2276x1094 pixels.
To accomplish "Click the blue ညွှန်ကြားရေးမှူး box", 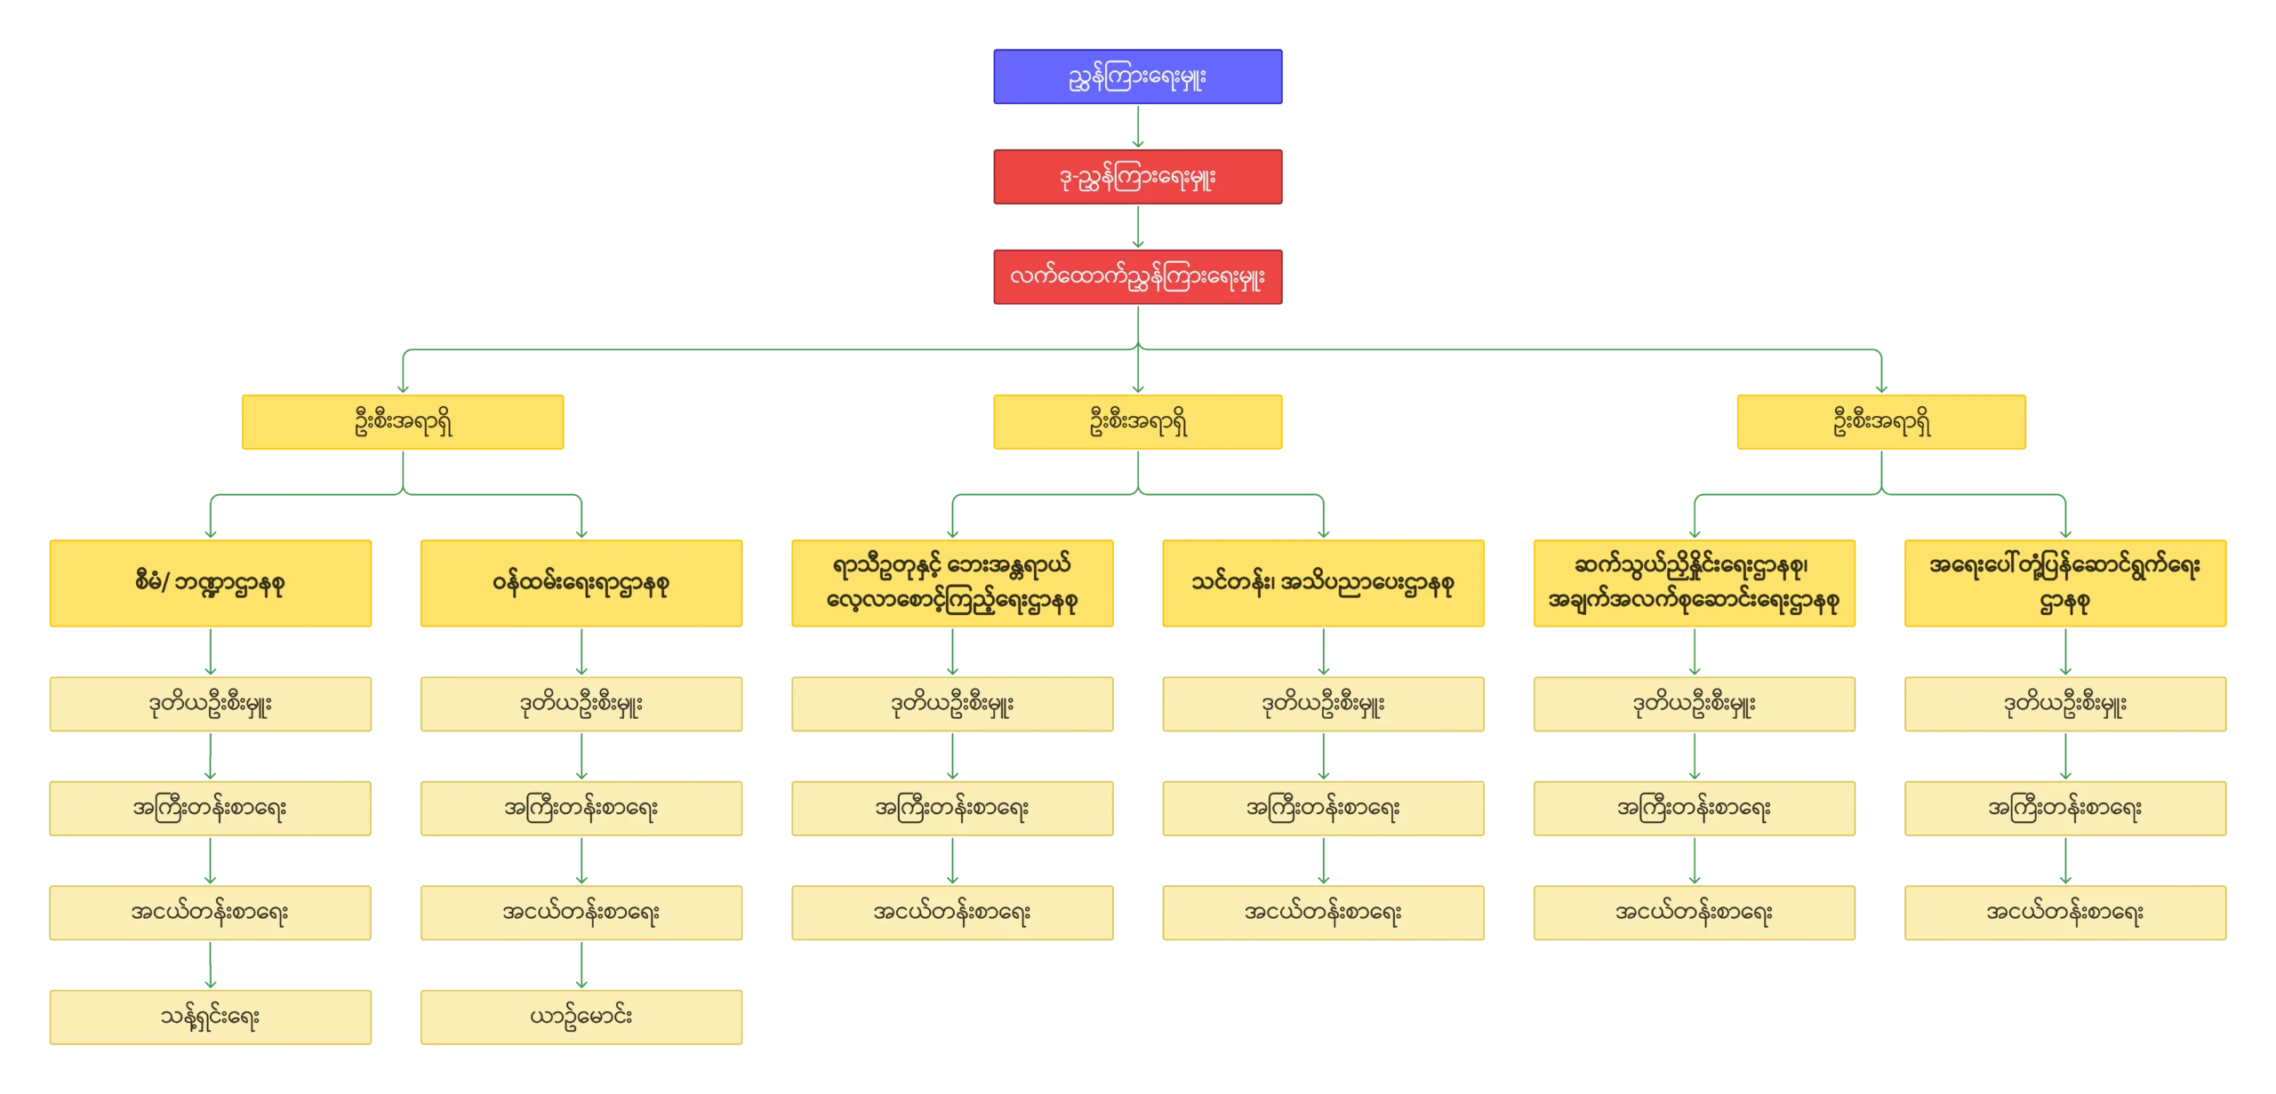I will pos(1137,76).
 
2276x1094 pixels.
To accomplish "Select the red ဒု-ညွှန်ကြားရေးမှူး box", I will pos(1137,177).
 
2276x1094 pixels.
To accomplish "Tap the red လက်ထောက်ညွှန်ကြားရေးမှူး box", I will pos(1137,277).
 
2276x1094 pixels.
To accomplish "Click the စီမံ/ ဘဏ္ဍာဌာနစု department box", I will pos(210,583).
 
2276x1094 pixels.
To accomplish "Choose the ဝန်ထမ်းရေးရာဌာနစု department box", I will pos(581,583).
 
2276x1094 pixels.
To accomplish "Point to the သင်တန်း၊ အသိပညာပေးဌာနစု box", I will pos(1322,583).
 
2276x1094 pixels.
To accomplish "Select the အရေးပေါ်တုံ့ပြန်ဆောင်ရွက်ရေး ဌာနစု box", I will pos(2064,583).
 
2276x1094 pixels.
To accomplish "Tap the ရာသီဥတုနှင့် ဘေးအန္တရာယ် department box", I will pos(952,583).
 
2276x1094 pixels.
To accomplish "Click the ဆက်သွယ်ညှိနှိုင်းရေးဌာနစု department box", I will pos(1693,583).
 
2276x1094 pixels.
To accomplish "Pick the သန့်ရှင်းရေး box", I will pos(210,1017).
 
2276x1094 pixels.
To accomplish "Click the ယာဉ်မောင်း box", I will pos(581,1017).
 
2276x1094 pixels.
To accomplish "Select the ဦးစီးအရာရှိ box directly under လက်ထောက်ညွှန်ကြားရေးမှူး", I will pos(1137,422).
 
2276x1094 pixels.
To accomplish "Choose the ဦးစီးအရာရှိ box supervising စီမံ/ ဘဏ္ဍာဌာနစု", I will pos(404,422).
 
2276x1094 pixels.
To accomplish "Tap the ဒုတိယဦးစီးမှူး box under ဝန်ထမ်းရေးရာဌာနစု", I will pos(581,704).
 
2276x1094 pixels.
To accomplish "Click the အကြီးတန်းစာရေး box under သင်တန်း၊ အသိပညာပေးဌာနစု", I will pos(1322,808).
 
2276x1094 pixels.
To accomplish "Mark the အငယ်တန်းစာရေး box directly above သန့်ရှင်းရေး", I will pos(210,912).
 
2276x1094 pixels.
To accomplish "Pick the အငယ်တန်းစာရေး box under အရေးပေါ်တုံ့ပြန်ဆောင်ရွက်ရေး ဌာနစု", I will pos(2064,912).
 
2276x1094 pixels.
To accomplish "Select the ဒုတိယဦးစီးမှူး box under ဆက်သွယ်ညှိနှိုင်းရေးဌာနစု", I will pos(1693,704).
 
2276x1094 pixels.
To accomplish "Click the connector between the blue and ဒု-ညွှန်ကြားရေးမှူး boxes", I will pos(1137,126).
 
